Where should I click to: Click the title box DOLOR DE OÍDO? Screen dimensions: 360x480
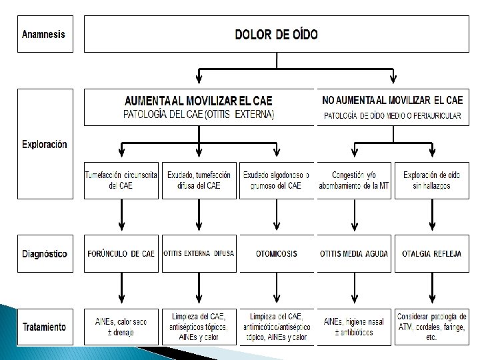point(276,35)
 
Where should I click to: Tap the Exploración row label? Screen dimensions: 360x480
point(44,144)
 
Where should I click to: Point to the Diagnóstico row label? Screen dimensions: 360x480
point(44,254)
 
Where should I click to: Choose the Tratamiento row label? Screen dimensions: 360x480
point(44,327)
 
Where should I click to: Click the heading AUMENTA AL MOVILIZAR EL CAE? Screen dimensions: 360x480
point(199,101)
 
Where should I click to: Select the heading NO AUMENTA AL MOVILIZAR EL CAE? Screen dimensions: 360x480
point(392,101)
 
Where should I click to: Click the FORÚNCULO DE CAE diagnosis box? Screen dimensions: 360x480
point(121,254)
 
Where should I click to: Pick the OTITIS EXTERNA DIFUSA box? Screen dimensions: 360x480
point(199,254)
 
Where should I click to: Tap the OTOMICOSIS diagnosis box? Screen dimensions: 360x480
point(276,254)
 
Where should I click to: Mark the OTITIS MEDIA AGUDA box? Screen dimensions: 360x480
point(353,254)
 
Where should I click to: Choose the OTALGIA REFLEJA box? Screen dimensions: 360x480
point(431,254)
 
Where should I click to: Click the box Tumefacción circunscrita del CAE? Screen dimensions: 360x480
point(121,180)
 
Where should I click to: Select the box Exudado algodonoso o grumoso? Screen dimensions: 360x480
point(276,180)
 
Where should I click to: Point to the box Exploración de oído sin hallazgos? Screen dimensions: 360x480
point(431,180)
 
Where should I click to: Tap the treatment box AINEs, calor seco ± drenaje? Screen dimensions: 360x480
point(121,327)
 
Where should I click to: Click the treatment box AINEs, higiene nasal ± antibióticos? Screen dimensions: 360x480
point(353,327)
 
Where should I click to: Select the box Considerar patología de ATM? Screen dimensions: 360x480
point(431,327)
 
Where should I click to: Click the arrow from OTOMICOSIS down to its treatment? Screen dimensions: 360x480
point(276,289)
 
